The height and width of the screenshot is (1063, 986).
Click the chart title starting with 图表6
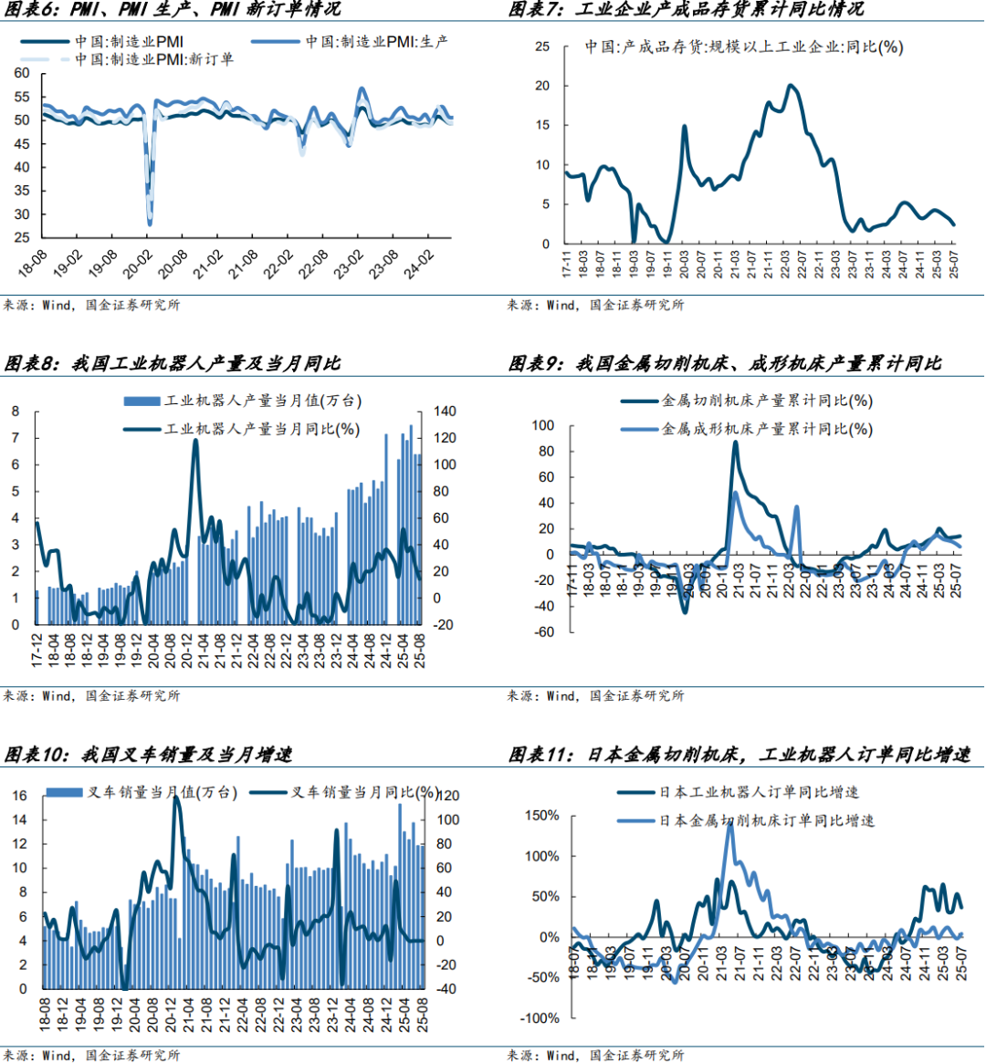pyautogui.click(x=173, y=10)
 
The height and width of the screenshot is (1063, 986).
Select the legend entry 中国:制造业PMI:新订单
pyautogui.click(x=154, y=59)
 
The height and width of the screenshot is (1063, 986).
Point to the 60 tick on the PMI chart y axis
pyautogui.click(x=22, y=74)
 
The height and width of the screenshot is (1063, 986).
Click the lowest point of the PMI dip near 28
pyautogui.click(x=150, y=224)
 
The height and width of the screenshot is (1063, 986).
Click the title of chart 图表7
pyautogui.click(x=686, y=10)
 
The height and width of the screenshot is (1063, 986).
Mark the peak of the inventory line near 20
pyautogui.click(x=791, y=86)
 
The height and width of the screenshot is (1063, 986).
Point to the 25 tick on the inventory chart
pyautogui.click(x=542, y=47)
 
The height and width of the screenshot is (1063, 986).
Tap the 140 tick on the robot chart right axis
pyautogui.click(x=445, y=412)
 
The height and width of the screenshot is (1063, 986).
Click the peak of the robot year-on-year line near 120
pyautogui.click(x=195, y=441)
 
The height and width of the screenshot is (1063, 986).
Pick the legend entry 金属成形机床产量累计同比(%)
pyautogui.click(x=767, y=429)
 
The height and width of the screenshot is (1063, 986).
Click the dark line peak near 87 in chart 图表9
pyautogui.click(x=736, y=443)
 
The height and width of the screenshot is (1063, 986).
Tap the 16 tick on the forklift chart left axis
pyautogui.click(x=19, y=796)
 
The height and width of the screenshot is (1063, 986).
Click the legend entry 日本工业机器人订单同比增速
pyautogui.click(x=758, y=793)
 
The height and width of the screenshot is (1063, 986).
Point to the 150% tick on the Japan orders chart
pyautogui.click(x=542, y=816)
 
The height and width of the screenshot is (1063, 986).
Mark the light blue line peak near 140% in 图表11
pyautogui.click(x=729, y=821)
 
